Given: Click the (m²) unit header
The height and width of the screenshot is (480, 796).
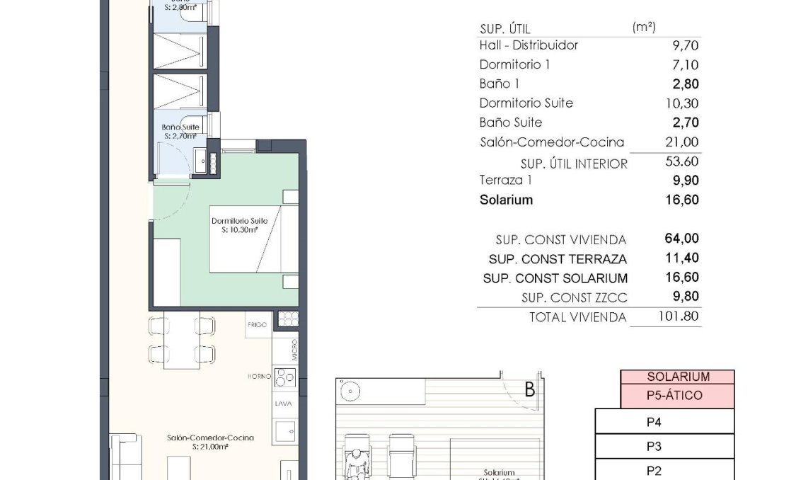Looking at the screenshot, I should tap(643, 28).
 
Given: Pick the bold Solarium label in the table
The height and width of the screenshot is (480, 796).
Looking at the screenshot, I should tap(506, 200).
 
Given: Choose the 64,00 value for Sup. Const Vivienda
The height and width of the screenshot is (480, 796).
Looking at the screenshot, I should tap(684, 239).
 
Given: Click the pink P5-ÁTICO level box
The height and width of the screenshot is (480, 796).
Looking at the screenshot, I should tap(674, 396).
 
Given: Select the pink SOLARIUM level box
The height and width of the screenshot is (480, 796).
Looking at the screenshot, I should tap(678, 377).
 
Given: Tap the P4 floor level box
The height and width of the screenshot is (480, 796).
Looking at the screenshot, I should tap(654, 423).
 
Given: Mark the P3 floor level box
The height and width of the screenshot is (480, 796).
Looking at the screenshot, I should tap(654, 447).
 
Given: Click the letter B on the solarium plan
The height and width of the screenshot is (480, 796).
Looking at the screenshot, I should tap(529, 390).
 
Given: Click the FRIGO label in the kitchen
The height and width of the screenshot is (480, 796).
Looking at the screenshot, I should tap(256, 325).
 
